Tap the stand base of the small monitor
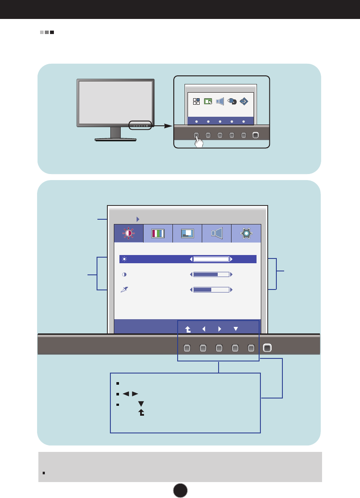pos(116,139)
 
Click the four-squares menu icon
pos(196,101)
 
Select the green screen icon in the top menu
pos(208,101)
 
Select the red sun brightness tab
pos(128,233)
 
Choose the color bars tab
pos(158,233)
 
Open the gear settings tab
pos(246,233)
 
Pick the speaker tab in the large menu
pos(217,233)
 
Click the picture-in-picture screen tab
pos(187,233)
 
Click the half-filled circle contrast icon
pos(124,274)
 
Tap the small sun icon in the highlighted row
pos(124,259)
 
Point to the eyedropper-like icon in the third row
pos(124,290)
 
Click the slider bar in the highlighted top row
pos(211,259)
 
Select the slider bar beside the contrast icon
pos(211,274)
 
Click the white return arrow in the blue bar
pos(188,329)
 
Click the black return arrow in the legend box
pos(141,413)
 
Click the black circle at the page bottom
pos(180,490)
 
